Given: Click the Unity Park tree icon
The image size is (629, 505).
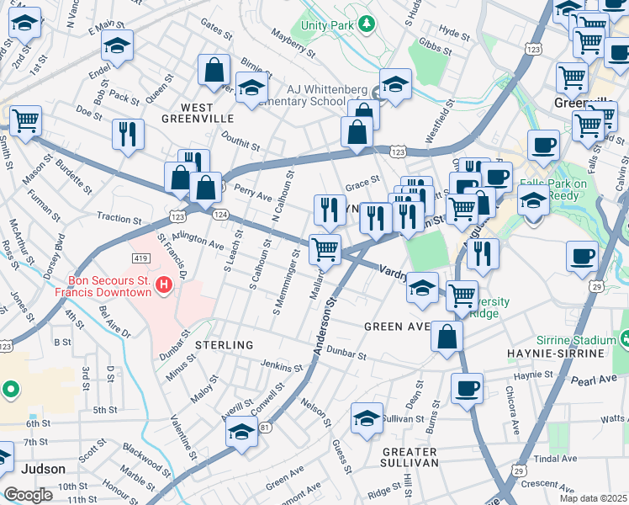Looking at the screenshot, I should tap(365, 24).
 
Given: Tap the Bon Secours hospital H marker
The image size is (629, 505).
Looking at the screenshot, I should tap(164, 287).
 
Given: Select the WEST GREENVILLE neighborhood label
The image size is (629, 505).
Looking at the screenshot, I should tap(207, 113).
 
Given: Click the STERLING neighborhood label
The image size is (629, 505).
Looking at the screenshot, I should tap(224, 345).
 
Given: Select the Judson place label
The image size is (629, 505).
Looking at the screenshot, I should tap(42, 469).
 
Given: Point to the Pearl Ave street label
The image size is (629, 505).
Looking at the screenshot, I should tap(598, 380).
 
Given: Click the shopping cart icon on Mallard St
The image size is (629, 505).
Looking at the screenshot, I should tap(325, 249).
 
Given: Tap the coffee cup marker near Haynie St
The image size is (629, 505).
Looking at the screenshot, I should tap(467, 389).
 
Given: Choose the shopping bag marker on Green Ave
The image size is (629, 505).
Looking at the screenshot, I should tap(447, 336).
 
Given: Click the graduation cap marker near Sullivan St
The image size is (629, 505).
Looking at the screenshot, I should tap(367, 418).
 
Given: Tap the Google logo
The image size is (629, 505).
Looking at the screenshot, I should tap(28, 495).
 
